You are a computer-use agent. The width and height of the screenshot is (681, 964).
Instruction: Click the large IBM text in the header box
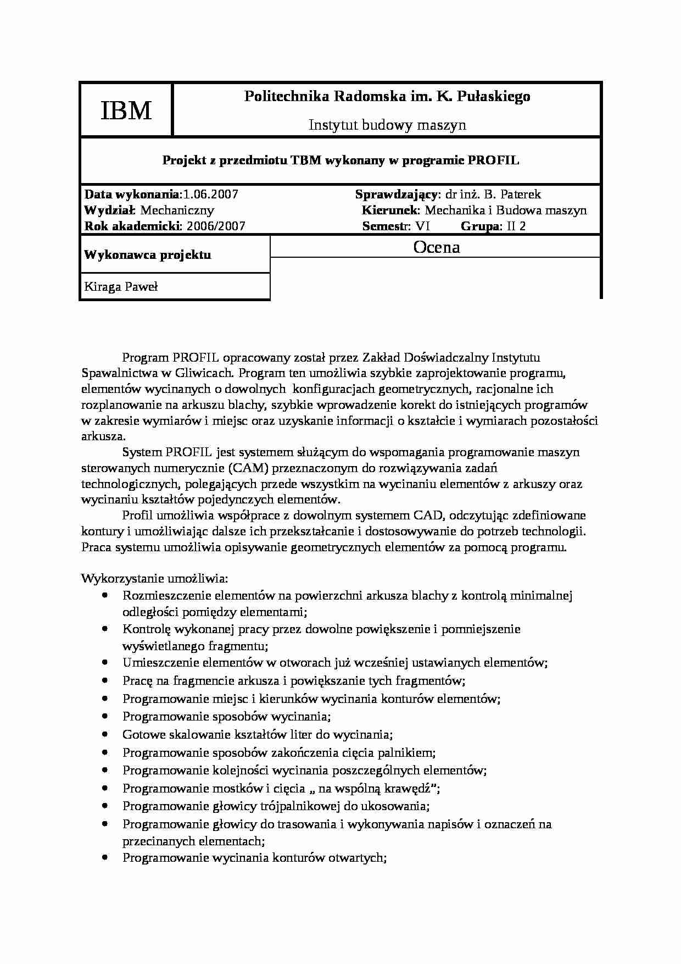pyautogui.click(x=126, y=111)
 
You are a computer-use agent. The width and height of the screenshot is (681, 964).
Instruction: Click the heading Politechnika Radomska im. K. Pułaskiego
pyautogui.click(x=387, y=97)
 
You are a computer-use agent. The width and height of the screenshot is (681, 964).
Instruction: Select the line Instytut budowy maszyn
pyautogui.click(x=387, y=125)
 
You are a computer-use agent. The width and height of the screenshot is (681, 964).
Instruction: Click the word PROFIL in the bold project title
pyautogui.click(x=493, y=160)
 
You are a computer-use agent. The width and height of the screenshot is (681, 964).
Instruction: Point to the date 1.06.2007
pyautogui.click(x=211, y=195)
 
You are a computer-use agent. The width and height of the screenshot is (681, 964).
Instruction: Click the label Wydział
pyautogui.click(x=109, y=210)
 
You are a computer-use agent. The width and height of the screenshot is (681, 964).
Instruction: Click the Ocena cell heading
pyautogui.click(x=436, y=247)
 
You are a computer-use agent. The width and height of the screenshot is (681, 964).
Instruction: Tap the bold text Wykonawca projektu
pyautogui.click(x=147, y=255)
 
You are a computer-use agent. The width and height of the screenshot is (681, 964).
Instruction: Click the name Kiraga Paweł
pyautogui.click(x=121, y=287)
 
